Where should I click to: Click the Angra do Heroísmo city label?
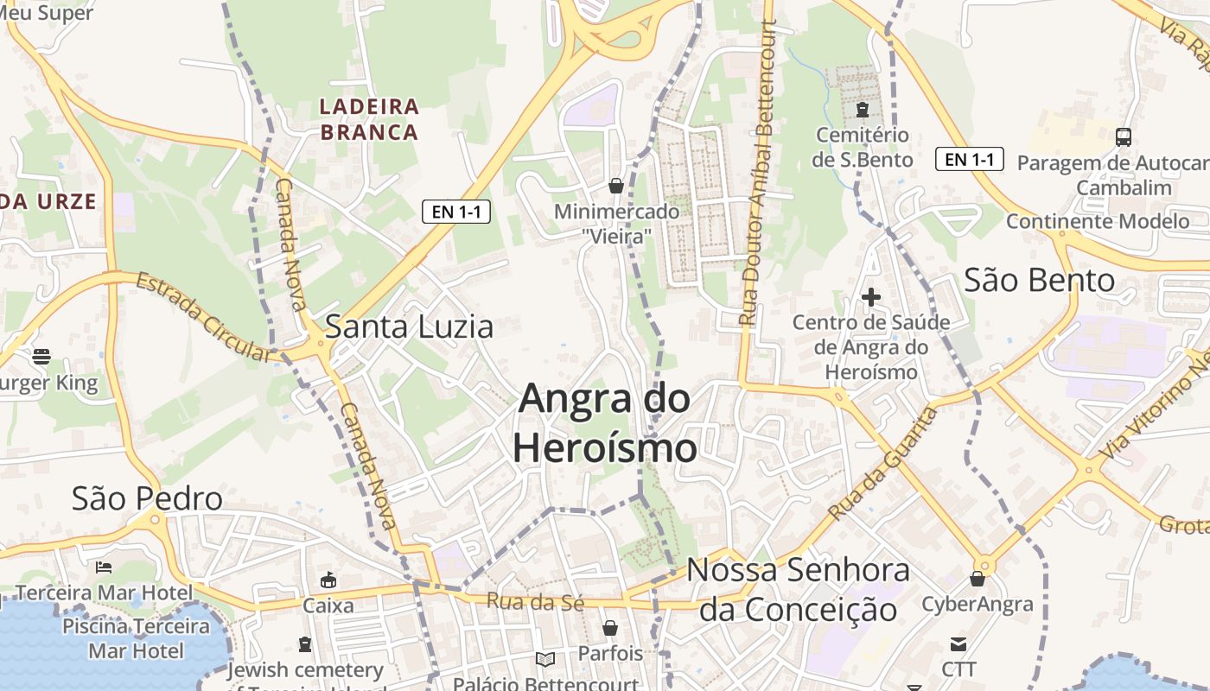pyautogui.click(x=604, y=423)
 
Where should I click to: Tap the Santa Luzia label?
pyautogui.click(x=409, y=326)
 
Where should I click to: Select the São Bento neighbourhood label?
pyautogui.click(x=1039, y=281)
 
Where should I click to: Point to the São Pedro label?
pyautogui.click(x=147, y=498)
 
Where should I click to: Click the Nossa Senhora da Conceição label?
pyautogui.click(x=798, y=590)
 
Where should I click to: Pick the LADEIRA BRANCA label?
pyautogui.click(x=369, y=119)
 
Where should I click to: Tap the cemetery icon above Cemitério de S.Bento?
pyautogui.click(x=862, y=110)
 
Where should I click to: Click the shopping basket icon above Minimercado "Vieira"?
pyautogui.click(x=616, y=186)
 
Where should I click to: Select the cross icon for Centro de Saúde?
pyautogui.click(x=871, y=297)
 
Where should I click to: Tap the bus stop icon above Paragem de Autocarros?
pyautogui.click(x=1124, y=136)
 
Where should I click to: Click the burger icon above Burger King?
pyautogui.click(x=41, y=356)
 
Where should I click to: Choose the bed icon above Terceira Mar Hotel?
pyautogui.click(x=104, y=567)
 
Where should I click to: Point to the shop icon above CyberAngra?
pyautogui.click(x=978, y=579)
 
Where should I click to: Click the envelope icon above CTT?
pyautogui.click(x=958, y=643)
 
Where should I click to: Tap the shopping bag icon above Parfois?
pyautogui.click(x=610, y=628)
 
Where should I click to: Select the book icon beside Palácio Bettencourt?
pyautogui.click(x=544, y=660)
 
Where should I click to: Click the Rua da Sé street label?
pyautogui.click(x=536, y=602)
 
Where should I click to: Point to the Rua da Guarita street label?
pyautogui.click(x=883, y=464)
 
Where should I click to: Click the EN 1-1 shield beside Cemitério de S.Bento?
pyautogui.click(x=969, y=159)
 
